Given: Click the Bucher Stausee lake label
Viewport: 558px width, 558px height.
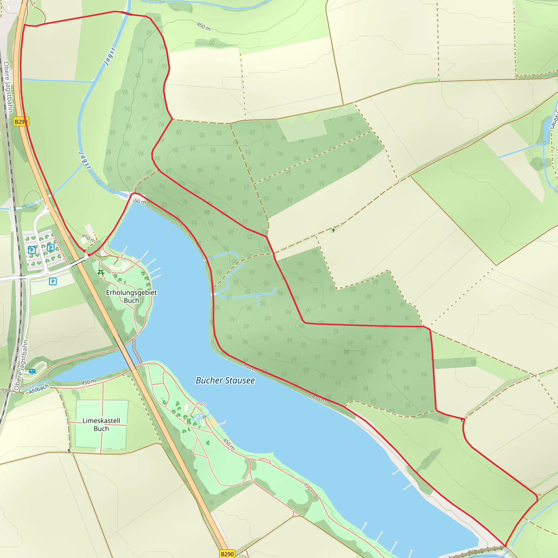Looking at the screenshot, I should (225, 380).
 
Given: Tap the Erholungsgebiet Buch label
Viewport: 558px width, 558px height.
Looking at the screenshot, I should (131, 296).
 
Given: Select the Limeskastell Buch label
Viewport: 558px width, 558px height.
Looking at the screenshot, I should (101, 424).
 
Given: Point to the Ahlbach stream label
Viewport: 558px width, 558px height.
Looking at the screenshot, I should (39, 389).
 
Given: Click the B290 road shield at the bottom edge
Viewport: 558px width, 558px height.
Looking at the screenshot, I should (227, 554).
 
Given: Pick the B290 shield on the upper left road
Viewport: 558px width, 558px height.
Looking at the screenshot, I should (21, 122).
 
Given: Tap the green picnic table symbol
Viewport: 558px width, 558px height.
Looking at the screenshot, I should (101, 272).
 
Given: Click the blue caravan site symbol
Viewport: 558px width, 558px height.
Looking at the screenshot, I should (32, 371).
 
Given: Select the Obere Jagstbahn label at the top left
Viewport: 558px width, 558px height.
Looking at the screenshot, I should (8, 87).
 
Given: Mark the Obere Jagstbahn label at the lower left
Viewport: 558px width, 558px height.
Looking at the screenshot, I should (21, 365).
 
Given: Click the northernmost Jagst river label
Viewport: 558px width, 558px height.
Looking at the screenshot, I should (110, 57).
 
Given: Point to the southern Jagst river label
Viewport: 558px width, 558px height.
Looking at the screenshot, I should (85, 160).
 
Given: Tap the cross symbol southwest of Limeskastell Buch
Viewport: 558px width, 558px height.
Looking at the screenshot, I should (69, 451).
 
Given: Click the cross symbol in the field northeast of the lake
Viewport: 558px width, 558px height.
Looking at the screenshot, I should (333, 230).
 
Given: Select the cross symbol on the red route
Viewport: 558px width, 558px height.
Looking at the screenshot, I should (462, 420).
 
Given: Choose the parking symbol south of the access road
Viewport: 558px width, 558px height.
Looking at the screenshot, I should (53, 281).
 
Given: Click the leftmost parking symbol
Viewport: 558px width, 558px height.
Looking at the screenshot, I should (32, 250).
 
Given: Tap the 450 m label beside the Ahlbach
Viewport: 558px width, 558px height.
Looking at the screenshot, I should (88, 382).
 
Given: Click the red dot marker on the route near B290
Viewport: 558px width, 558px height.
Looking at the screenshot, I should (84, 251).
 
